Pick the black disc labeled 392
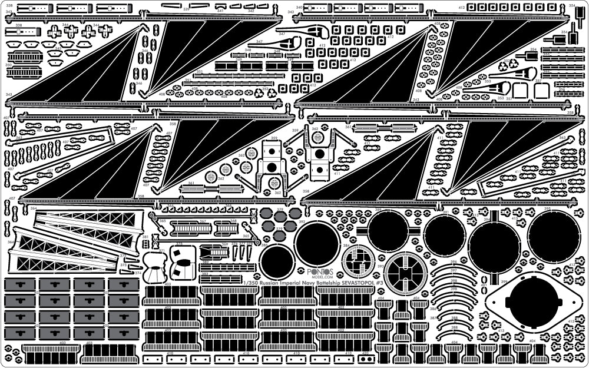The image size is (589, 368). coord(317,243)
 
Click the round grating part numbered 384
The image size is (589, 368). coord(358,261)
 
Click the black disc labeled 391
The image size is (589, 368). coord(445,236)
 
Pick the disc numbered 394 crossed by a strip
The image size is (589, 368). coord(495,246)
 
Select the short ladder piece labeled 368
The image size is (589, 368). coord(226,227)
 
